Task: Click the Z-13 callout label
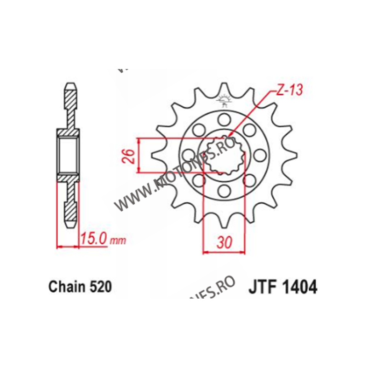pos(289,91)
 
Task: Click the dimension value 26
pos(130,156)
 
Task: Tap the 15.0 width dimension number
pos(94,239)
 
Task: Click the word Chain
pos(64,287)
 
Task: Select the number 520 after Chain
pos(101,287)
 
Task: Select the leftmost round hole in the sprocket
pos(189,153)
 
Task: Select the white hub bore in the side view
pos(68,154)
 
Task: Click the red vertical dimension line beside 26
pos(138,155)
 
